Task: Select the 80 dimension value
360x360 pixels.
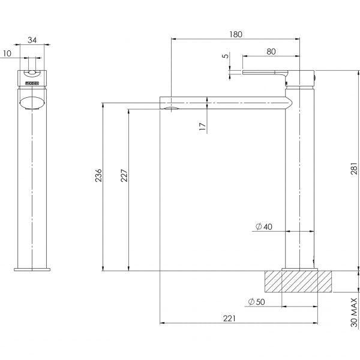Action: coord(271,52)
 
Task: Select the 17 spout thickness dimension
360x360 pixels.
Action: coord(203,126)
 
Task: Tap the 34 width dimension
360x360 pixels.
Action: coord(32,41)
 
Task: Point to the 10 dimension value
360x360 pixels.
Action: coord(7,53)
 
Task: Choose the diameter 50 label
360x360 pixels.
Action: coord(256,301)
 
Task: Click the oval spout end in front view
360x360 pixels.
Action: coord(32,102)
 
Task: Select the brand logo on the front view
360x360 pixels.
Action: coord(32,78)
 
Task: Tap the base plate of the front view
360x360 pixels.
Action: coord(32,268)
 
